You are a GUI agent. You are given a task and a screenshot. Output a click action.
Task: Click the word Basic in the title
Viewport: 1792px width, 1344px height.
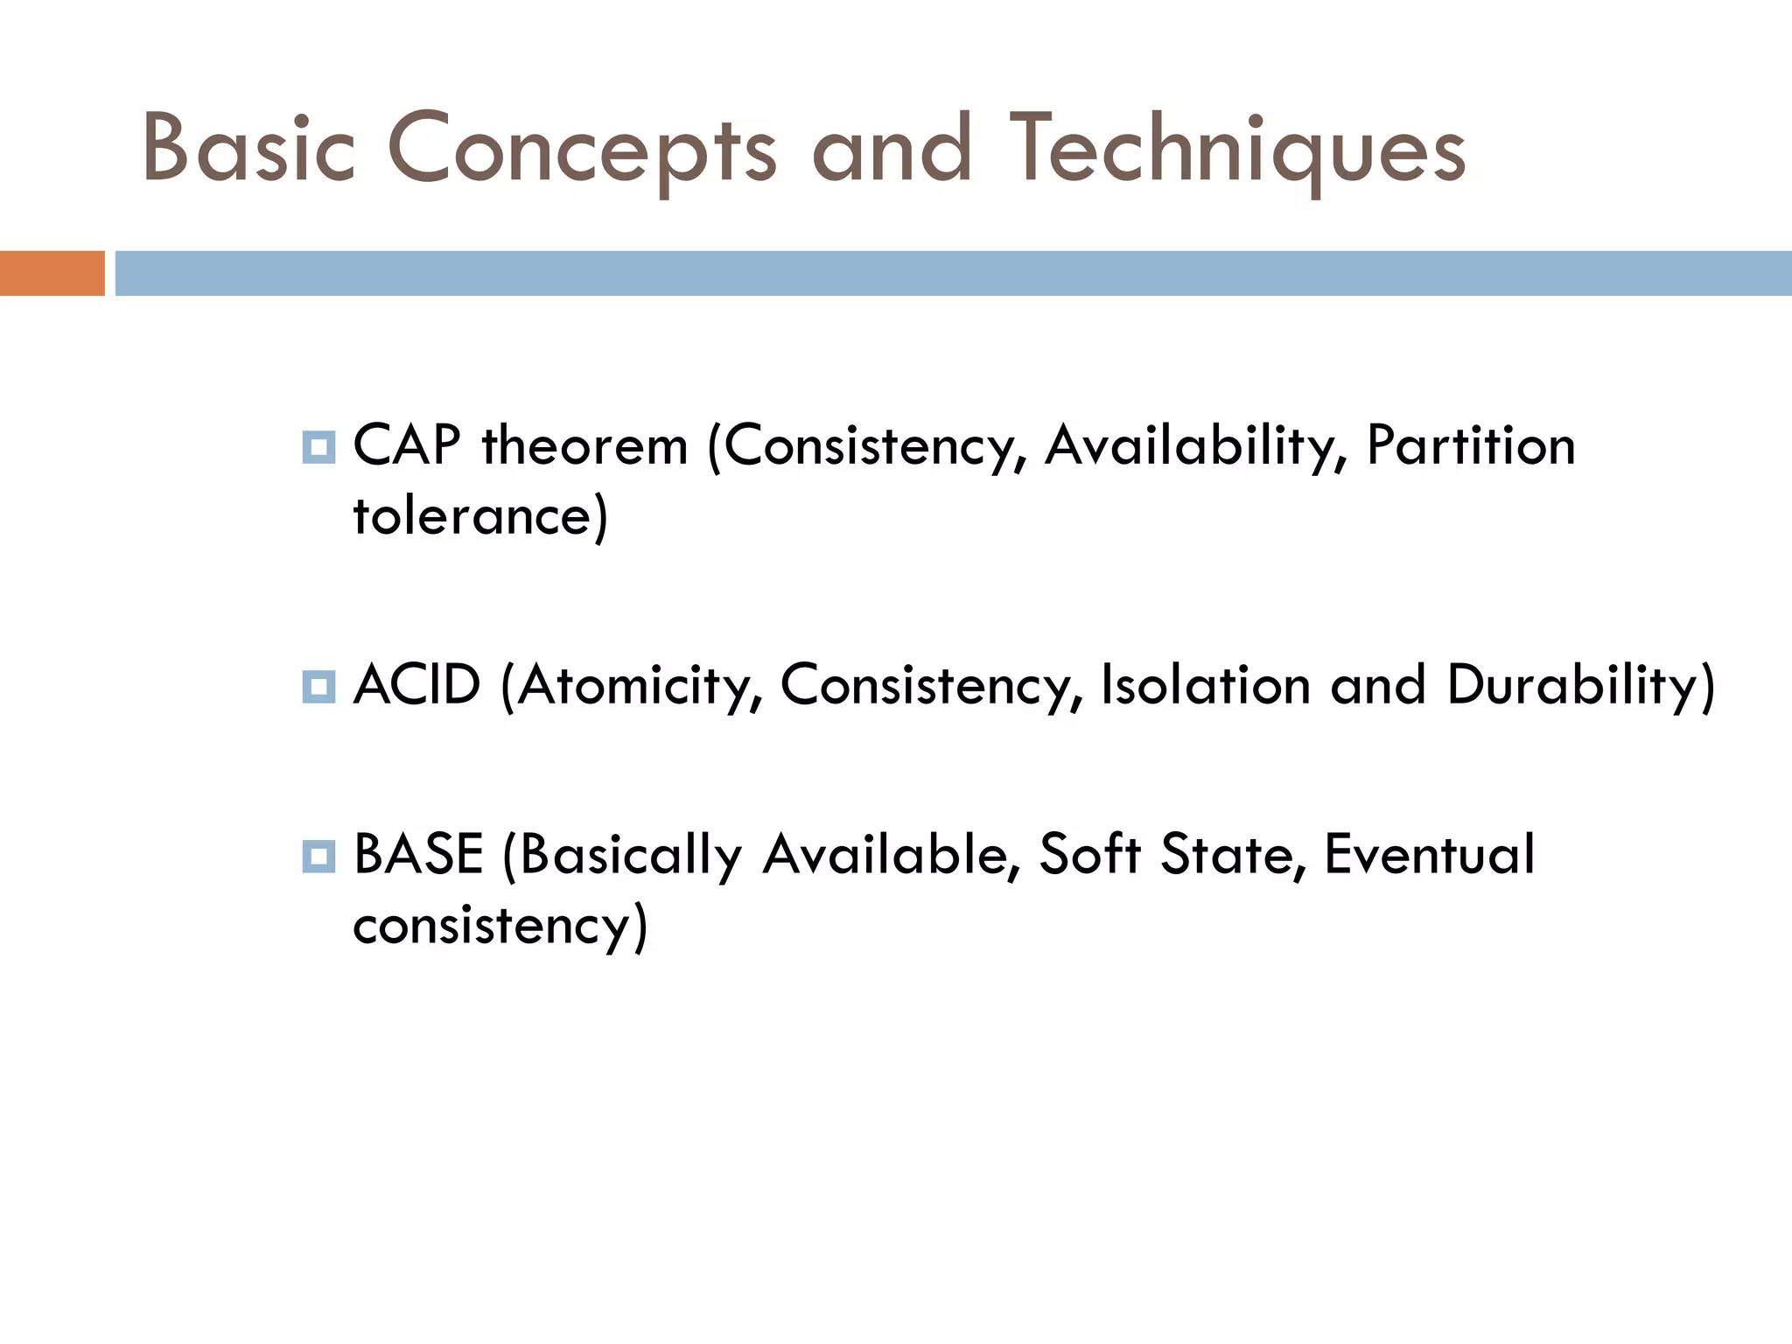point(248,149)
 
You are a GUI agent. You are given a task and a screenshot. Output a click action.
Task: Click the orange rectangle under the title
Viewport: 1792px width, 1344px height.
point(52,273)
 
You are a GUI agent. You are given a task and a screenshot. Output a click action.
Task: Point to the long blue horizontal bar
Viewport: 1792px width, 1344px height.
point(952,273)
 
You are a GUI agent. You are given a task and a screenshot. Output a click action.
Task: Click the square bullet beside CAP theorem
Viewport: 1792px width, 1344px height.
point(318,447)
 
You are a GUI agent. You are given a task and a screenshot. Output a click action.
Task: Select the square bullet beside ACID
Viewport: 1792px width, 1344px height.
point(318,686)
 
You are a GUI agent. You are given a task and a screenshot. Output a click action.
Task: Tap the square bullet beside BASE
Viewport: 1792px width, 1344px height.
point(318,856)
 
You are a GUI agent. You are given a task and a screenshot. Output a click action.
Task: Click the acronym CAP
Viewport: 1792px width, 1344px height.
point(406,445)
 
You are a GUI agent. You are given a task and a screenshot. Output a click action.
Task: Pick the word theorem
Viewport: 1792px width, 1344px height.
point(584,445)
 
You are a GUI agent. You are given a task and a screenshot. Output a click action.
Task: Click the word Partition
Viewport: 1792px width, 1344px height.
point(1470,445)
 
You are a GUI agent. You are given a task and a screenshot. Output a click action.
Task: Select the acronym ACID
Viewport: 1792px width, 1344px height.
point(416,684)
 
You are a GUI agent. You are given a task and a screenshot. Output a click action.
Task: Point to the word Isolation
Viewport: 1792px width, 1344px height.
point(1205,684)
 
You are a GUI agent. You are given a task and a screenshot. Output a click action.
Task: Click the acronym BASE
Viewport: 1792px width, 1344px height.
point(418,855)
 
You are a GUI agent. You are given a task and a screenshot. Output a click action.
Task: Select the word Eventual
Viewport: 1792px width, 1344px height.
point(1429,855)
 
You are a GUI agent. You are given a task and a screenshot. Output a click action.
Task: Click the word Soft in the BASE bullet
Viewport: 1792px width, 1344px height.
point(1089,855)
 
